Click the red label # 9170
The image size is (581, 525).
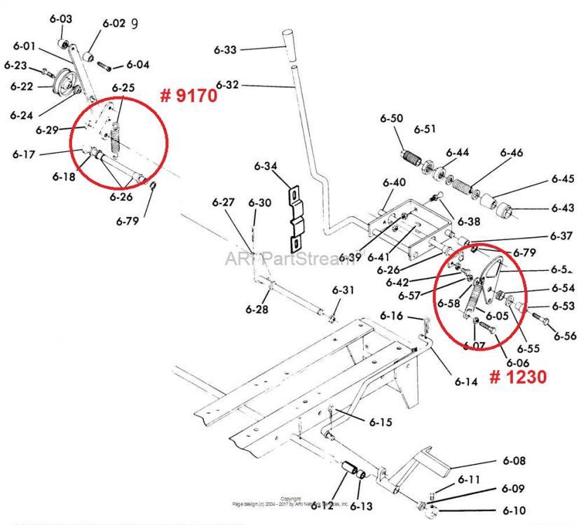[x=188, y=94]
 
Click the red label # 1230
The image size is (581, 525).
[x=517, y=376]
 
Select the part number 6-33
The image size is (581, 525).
[x=226, y=50]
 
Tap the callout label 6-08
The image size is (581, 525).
[x=514, y=461]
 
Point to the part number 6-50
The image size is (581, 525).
[x=392, y=118]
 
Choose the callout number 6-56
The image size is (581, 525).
[x=565, y=336]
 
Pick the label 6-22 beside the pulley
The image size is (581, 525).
[x=22, y=86]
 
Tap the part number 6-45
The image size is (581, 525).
[x=562, y=179]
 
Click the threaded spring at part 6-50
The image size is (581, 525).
[x=410, y=159]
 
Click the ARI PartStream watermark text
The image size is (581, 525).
[x=289, y=258]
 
